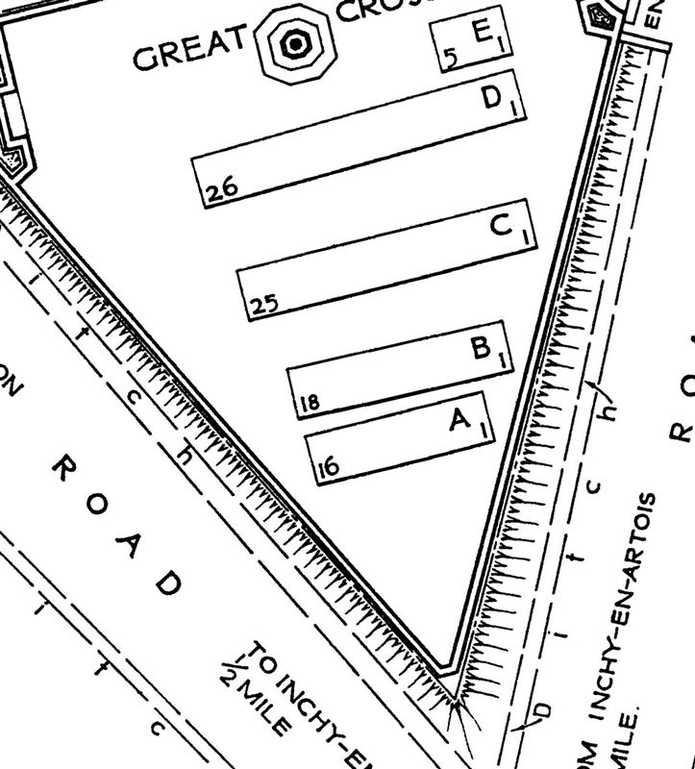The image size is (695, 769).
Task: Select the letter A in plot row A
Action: (459, 420)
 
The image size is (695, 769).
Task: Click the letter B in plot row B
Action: (482, 347)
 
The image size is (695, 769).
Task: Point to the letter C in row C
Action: (501, 226)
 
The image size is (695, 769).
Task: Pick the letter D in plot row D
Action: (492, 99)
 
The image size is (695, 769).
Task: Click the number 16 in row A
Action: (328, 468)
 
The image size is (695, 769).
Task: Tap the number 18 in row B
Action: (310, 403)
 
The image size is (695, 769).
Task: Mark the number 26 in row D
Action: (222, 190)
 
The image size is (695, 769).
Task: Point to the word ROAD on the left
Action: (115, 524)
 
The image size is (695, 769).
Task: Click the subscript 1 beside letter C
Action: (525, 235)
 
